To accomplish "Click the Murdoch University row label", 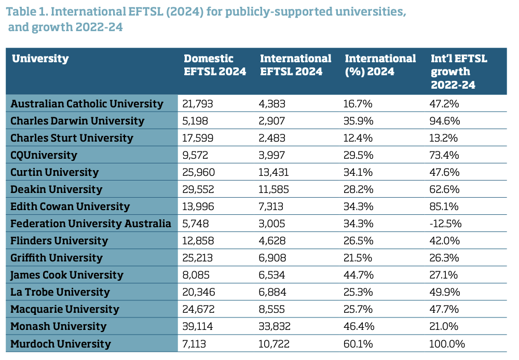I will point(61,343).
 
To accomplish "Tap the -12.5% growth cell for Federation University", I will point(446,224).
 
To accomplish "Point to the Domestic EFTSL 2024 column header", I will point(215,65).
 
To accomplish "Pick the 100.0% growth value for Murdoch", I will point(447,343).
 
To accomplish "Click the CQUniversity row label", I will point(44,155).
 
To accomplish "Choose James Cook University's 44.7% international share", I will point(358,275).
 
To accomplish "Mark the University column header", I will point(40,59).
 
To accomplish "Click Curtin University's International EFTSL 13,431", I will point(274,172).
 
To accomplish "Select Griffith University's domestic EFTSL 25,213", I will point(198,258).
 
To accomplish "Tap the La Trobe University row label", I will point(60,292).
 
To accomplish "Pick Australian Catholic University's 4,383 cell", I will point(272,104).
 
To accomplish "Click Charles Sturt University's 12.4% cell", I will point(358,138).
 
